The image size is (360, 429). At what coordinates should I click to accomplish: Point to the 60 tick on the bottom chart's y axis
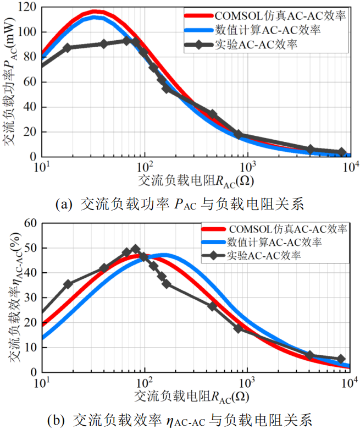(29, 223)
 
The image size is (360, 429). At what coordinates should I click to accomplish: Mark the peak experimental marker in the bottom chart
(135, 249)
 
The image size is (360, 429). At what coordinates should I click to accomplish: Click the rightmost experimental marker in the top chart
(342, 152)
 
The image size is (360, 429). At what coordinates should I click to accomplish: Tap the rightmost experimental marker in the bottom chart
(341, 359)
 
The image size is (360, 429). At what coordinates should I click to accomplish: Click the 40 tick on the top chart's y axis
(29, 107)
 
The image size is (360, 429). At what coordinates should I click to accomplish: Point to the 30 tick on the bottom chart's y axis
(29, 298)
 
